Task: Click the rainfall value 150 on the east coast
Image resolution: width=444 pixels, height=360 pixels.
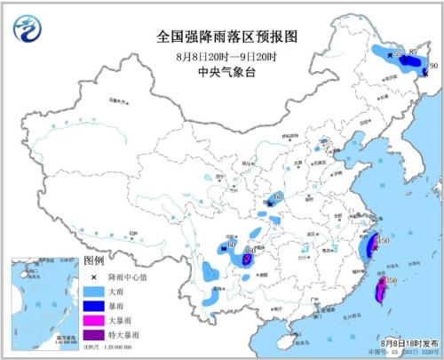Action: click(384, 241)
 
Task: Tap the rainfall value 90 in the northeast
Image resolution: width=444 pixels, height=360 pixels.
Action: click(433, 66)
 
